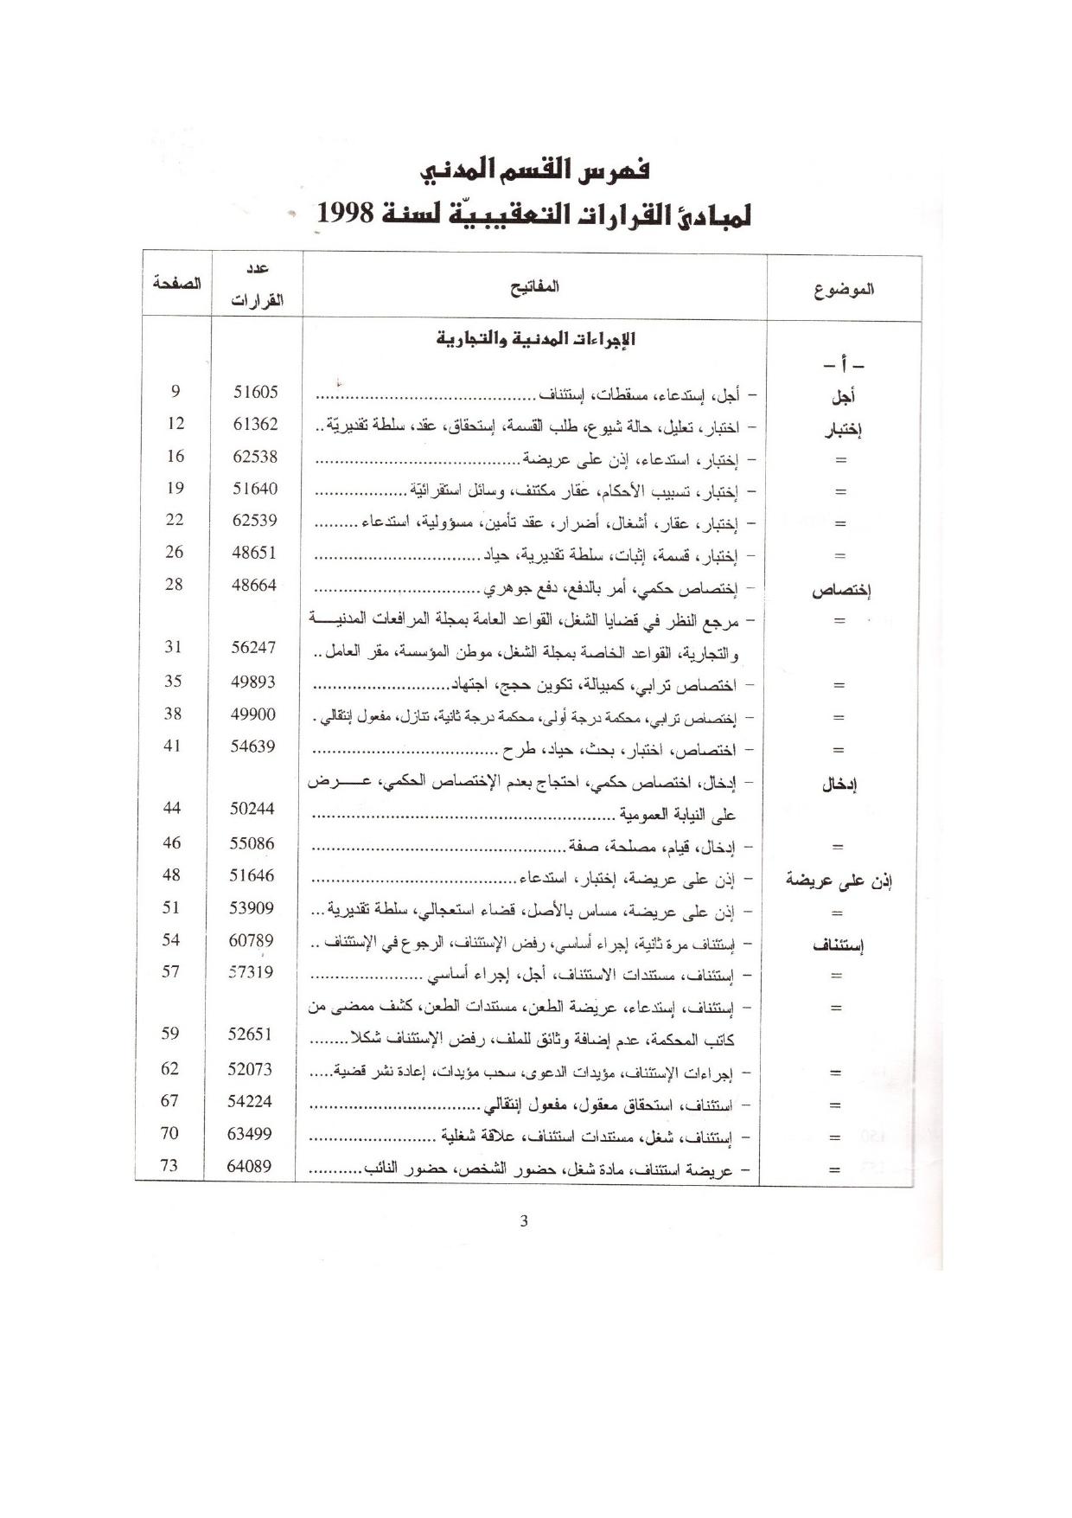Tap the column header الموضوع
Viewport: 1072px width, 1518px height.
[x=843, y=289]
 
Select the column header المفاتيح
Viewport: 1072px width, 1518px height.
[x=534, y=286]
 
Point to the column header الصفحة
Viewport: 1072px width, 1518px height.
[x=176, y=283]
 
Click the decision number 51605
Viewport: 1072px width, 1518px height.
[x=256, y=392]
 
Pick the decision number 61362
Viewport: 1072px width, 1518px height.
[x=256, y=424]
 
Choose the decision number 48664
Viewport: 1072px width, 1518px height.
[x=254, y=585]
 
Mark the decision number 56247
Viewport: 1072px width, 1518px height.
[x=253, y=647]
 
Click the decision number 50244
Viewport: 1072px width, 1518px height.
[x=252, y=808]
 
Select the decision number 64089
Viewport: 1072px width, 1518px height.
[x=249, y=1165]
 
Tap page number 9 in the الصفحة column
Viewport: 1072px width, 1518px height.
[x=175, y=391]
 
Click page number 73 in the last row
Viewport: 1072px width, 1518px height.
[x=169, y=1165]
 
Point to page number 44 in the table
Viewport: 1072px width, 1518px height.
[x=172, y=807]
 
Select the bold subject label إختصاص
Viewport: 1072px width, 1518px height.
[x=840, y=591]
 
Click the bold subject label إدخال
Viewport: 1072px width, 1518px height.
[x=839, y=785]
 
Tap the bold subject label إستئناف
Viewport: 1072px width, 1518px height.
[x=838, y=945]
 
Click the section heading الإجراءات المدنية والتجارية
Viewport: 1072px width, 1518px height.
[x=535, y=338]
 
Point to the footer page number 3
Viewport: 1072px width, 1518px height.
[x=524, y=1220]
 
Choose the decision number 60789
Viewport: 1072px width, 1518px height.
[x=252, y=939]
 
